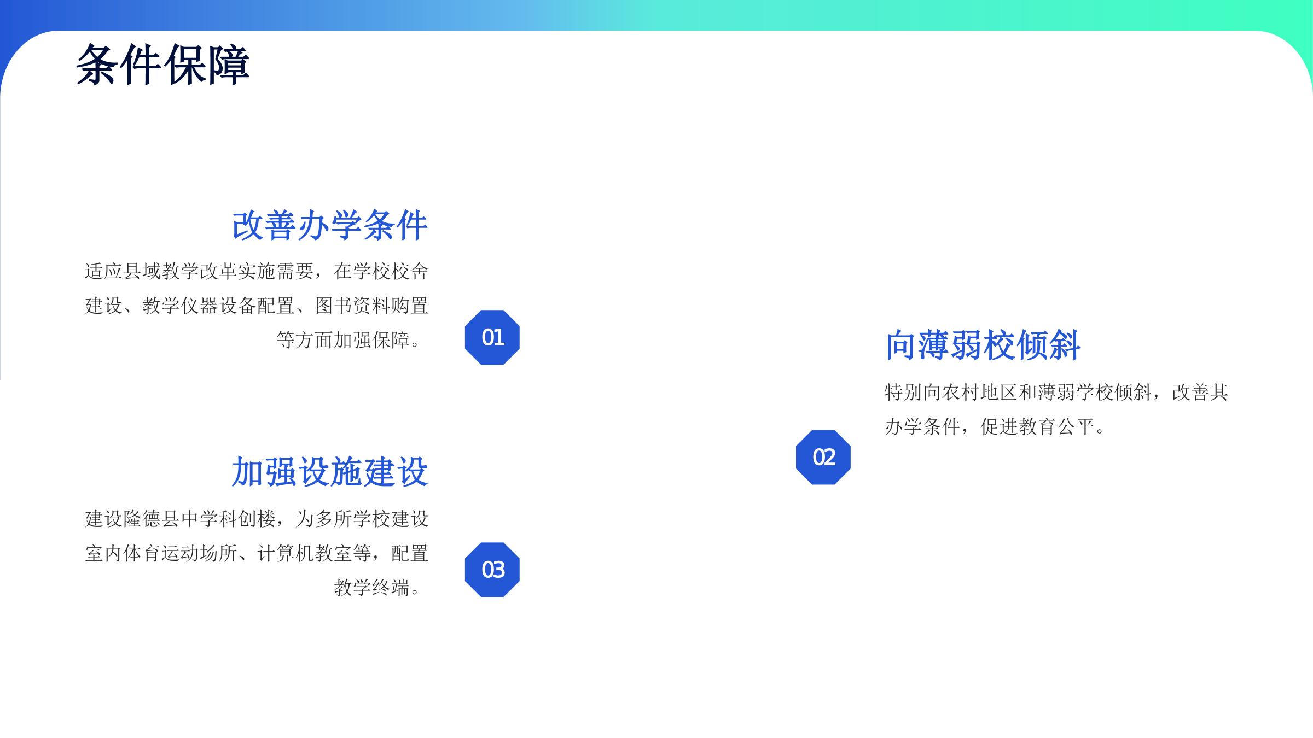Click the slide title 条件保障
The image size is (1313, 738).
pos(162,65)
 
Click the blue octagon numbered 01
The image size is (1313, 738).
pos(492,337)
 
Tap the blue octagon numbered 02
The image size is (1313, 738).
pos(823,457)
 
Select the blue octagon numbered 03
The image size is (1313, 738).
pos(492,570)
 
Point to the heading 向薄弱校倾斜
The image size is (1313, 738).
pos(983,345)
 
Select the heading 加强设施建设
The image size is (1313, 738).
pos(330,472)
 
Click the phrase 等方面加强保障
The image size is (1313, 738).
pos(343,340)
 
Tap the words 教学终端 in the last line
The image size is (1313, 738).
pos(371,588)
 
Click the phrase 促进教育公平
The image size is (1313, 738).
pos(1037,426)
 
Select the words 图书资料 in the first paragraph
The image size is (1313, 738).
pos(352,306)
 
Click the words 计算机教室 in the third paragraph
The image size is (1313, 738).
pos(305,553)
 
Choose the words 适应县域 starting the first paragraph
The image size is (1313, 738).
pos(123,271)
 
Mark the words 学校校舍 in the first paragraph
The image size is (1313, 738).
pos(391,271)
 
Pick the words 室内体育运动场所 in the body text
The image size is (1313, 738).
pos(161,553)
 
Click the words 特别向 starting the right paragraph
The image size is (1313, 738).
pos(914,392)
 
